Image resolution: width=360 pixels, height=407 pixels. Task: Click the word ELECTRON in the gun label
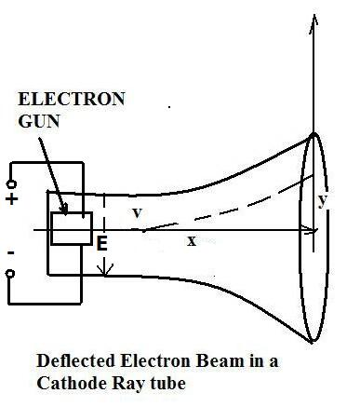coord(72,98)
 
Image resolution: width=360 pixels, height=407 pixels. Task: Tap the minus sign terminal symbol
coord(11,251)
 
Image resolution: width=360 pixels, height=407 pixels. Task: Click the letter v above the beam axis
coord(137,213)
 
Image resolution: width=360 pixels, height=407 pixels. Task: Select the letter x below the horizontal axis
coord(192,240)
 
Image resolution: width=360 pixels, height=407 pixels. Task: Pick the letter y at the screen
coord(322,200)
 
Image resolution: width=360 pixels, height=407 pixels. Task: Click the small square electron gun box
coord(71,228)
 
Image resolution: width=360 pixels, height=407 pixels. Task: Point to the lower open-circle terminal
coord(11,274)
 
